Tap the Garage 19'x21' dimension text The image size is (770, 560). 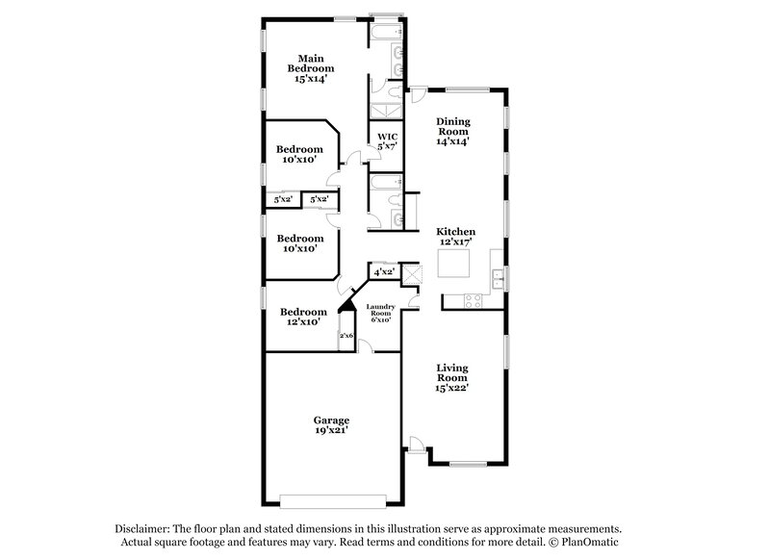330,432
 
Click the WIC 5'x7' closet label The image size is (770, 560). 387,141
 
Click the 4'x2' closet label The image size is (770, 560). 383,272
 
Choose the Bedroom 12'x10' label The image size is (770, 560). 299,317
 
